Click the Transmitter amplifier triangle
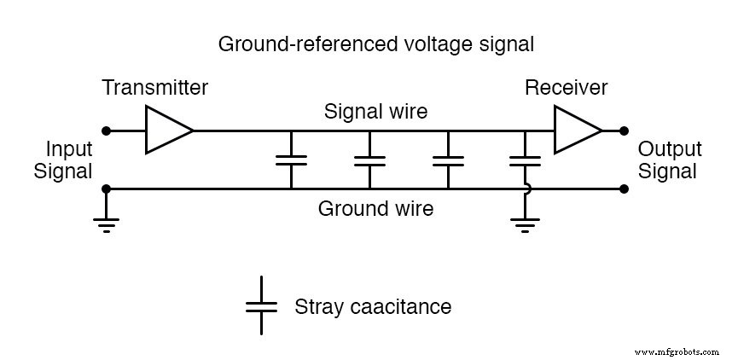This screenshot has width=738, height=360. coord(167,131)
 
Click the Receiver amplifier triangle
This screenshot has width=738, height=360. coord(576,131)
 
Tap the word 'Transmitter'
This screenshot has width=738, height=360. coord(154,88)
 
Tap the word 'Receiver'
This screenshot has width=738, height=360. coord(567,88)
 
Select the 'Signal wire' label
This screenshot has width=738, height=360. coord(375,112)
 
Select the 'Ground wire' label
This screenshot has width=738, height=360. coord(375,209)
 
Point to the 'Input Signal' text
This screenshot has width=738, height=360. coord(63,160)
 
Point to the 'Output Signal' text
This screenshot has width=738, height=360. coord(670,160)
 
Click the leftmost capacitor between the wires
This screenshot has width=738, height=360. coord(292,160)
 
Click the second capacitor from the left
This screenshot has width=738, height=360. coord(369,160)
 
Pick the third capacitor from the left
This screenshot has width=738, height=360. coord(448,160)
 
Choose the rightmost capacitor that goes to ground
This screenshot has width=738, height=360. coord(525,160)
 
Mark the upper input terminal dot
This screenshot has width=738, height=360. coord(106,131)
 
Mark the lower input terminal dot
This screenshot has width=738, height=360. coord(106,189)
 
